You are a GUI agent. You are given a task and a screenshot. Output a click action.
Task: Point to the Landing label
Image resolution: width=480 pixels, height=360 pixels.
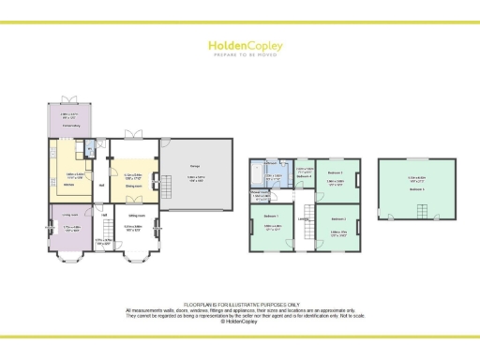coord(304,220)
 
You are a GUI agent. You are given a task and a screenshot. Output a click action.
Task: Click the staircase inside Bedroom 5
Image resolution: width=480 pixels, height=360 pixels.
coord(416,212)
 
